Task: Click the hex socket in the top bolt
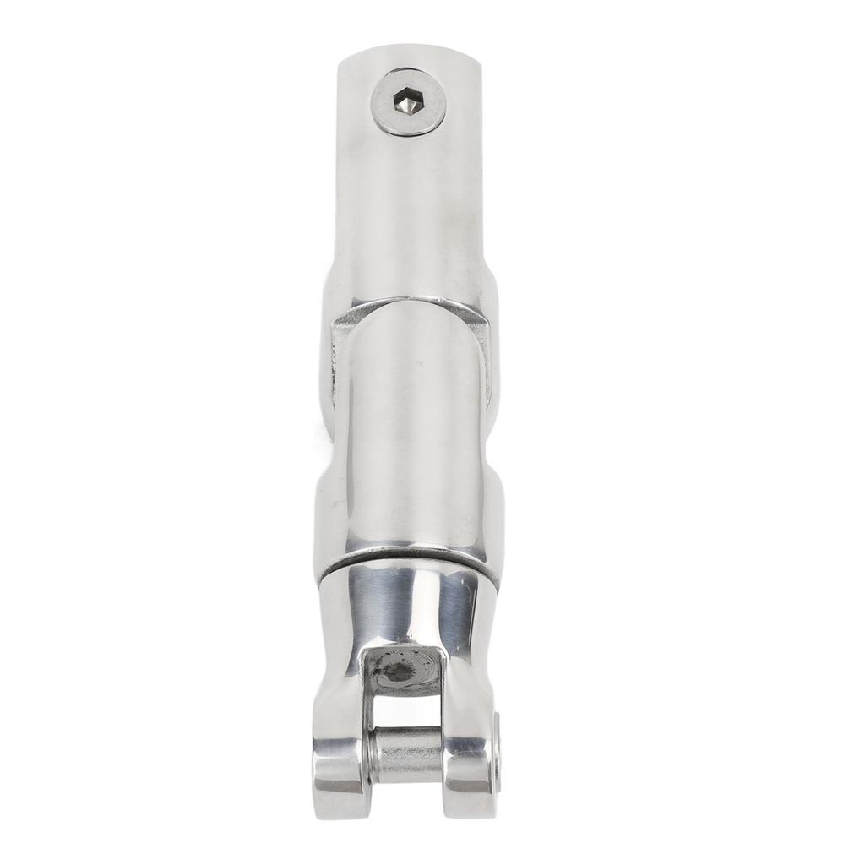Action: tap(409, 103)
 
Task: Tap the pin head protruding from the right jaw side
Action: tap(497, 752)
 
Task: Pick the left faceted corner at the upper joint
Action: tap(346, 325)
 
